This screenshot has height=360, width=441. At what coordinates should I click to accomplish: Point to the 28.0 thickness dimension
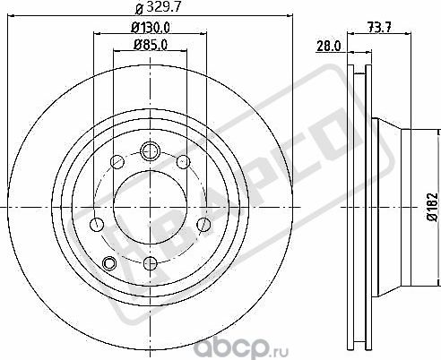[329, 46]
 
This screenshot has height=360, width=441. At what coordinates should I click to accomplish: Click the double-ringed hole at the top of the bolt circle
[149, 150]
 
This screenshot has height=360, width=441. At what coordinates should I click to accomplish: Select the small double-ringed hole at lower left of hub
[110, 262]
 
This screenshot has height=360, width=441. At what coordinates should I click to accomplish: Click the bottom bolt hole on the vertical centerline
[149, 264]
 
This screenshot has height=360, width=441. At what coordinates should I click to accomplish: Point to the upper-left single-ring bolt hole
[116, 162]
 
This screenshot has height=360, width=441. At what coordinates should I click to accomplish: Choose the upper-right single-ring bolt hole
[183, 162]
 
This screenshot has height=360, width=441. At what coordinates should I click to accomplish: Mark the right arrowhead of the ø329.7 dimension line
[292, 13]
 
